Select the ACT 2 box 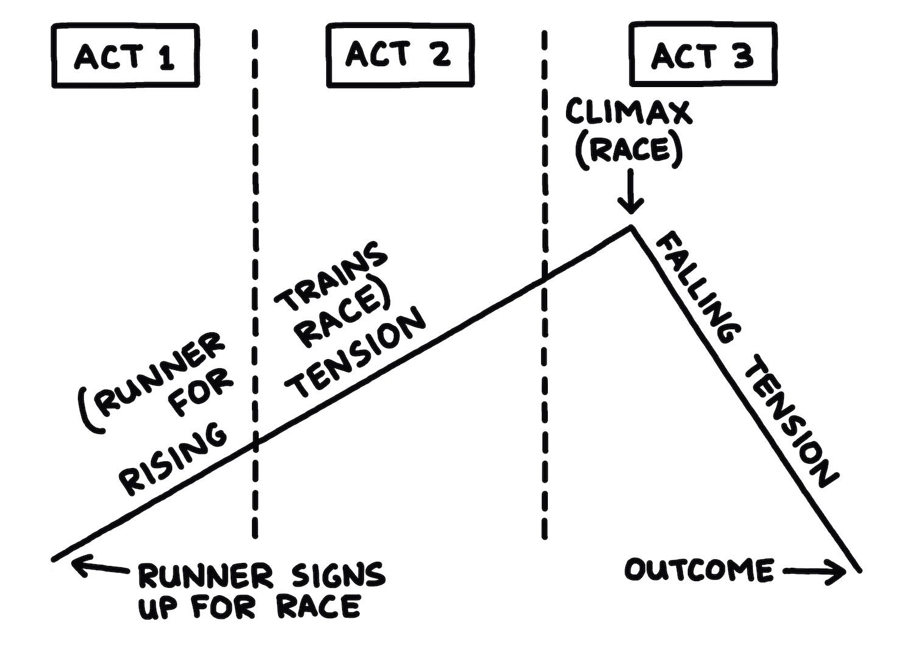[x=399, y=54]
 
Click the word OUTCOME [x=699, y=570]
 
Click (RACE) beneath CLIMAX [x=629, y=149]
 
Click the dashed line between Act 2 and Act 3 [x=544, y=183]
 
